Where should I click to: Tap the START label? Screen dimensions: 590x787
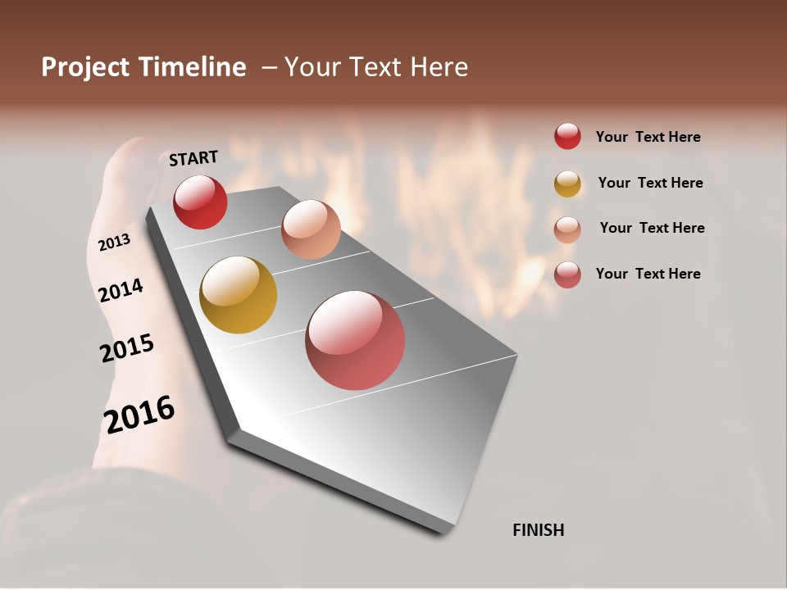click(x=193, y=158)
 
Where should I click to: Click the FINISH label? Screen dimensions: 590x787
click(x=538, y=530)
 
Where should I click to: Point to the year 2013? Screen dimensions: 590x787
click(x=114, y=242)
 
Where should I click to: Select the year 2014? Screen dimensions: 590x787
click(x=121, y=291)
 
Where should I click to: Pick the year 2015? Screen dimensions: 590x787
click(x=127, y=347)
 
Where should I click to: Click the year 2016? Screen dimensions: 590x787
click(x=139, y=414)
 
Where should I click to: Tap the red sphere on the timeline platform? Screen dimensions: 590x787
click(x=200, y=202)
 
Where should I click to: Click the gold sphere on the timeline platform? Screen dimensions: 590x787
click(x=238, y=295)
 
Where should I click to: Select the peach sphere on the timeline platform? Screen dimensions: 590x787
click(x=311, y=229)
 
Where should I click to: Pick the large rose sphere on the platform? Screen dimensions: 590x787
click(x=355, y=340)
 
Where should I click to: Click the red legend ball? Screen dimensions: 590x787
click(x=567, y=136)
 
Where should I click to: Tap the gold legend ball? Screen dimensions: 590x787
click(x=567, y=184)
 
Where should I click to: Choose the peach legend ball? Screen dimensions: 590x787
click(x=567, y=229)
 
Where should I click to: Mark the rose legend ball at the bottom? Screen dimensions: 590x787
click(x=567, y=275)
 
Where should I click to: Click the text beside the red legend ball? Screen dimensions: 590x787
click(x=648, y=137)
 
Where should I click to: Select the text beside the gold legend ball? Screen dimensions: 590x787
click(x=650, y=183)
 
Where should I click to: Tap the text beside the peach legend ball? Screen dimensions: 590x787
click(x=652, y=228)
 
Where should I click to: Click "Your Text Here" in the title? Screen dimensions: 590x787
click(x=376, y=67)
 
